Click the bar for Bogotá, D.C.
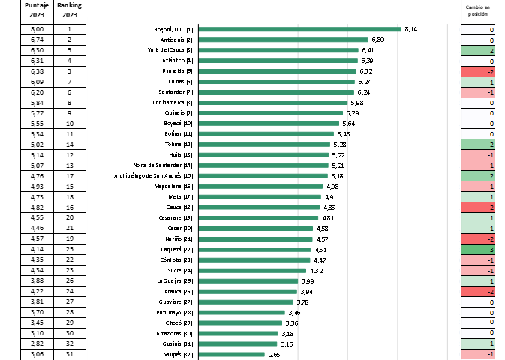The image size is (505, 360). point(300,29)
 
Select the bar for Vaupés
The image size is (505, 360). point(232,354)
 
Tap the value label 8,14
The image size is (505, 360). point(410,29)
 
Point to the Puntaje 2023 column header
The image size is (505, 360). point(36,10)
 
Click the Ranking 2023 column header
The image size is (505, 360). point(69,10)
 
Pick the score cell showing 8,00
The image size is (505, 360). point(36,29)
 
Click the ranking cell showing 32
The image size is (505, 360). point(69,343)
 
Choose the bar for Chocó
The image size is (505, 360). point(242,322)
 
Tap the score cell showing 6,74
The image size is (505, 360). point(36,40)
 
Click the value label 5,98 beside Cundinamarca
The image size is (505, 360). point(357,103)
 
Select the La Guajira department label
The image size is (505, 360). point(177,281)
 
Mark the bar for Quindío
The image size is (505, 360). point(271,113)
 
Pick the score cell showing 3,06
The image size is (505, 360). point(36,354)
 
